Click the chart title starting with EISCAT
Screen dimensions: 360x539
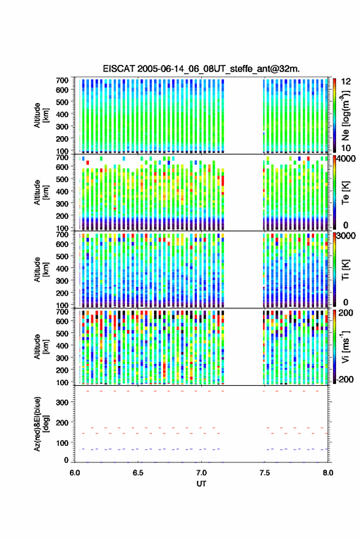201,69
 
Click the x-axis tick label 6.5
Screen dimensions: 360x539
138,473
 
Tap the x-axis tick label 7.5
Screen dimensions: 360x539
264,473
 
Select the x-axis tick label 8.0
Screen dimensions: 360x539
327,473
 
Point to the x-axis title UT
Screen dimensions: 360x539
201,484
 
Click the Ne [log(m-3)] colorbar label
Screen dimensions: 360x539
346,115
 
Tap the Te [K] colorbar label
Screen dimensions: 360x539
345,193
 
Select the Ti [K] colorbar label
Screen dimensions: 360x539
345,270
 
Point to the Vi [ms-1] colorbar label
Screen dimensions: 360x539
345,346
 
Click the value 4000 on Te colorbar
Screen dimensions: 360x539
347,159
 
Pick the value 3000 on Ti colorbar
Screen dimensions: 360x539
347,236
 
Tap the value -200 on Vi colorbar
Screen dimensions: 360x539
345,380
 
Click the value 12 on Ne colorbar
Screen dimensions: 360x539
346,82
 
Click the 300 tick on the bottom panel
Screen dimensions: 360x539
62,402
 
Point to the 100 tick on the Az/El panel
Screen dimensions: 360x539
62,443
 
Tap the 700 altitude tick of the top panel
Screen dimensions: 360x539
62,80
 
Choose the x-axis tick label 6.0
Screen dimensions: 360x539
75,473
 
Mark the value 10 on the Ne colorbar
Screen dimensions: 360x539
346,148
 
